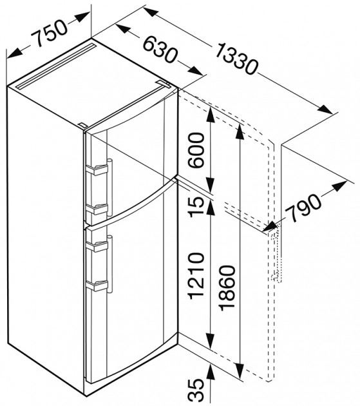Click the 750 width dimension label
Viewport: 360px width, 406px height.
click(49, 33)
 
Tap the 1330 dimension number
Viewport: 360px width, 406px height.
click(236, 59)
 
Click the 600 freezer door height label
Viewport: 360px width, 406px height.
click(196, 150)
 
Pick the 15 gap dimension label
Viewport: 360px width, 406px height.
click(196, 207)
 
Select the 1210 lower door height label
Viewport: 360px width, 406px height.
click(196, 276)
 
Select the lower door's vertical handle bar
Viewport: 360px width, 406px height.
click(109, 264)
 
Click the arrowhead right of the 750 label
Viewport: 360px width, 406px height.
click(82, 17)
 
